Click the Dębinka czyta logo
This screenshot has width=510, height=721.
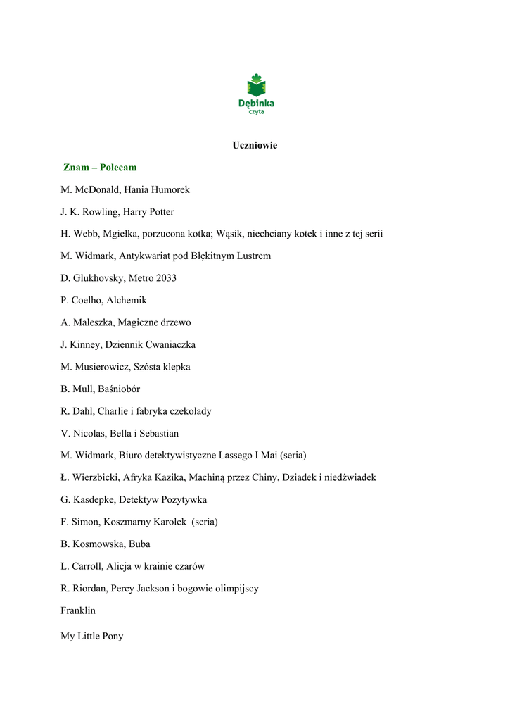(255, 94)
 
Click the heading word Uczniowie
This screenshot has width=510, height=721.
(255, 145)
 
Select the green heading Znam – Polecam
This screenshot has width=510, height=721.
(100, 168)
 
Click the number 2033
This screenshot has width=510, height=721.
(165, 278)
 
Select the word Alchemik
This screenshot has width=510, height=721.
(127, 301)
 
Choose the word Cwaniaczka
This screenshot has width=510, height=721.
(170, 345)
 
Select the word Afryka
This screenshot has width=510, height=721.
(139, 477)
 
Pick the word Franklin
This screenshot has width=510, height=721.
(78, 610)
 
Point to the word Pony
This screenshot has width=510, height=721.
(113, 637)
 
